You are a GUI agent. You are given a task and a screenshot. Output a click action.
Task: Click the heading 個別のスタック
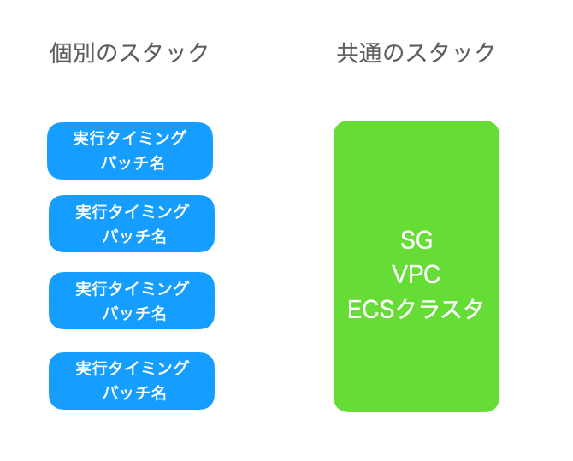tap(129, 53)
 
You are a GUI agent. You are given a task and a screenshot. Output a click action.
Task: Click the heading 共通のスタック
tap(416, 53)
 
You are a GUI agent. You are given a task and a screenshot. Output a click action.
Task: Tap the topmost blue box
tap(130, 151)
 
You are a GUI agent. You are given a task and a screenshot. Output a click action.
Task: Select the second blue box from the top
tap(132, 224)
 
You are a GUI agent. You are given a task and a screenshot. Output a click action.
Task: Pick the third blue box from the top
tap(132, 300)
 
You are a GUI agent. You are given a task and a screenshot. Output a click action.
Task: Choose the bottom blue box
tap(132, 381)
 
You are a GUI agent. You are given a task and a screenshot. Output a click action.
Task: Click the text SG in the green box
tap(416, 240)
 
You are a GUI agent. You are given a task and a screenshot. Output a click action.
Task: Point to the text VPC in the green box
tap(416, 275)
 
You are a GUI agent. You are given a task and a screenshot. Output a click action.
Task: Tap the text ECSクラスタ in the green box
tap(416, 310)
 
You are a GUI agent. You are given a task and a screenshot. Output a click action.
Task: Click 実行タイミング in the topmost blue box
tap(130, 139)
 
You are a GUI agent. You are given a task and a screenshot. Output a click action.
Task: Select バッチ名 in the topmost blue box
tap(133, 163)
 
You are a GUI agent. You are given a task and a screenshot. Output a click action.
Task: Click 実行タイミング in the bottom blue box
tap(132, 368)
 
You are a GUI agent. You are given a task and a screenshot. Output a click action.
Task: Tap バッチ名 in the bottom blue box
tap(134, 393)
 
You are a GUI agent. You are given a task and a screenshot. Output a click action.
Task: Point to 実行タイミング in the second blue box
tap(132, 211)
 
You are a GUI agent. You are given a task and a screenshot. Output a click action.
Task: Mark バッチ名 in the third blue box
tap(134, 313)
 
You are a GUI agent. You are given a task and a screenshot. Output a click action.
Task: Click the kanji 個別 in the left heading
tap(73, 53)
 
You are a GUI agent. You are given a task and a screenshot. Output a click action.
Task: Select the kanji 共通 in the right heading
tap(359, 53)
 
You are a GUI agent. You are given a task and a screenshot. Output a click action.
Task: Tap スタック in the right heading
tap(451, 53)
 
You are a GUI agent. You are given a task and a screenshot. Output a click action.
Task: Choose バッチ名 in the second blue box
tap(134, 237)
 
